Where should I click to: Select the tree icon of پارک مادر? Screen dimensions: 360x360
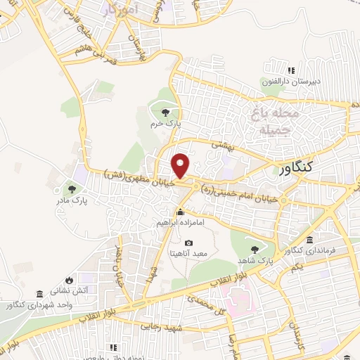click(72, 188)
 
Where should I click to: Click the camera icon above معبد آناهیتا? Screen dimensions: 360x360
click(188, 243)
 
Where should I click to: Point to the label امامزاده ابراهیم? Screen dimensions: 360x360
click(181, 221)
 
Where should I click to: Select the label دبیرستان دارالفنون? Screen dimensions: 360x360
click(292, 81)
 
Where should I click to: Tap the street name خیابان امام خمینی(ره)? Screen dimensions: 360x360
click(240, 190)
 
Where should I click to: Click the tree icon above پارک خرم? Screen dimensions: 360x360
click(165, 112)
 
